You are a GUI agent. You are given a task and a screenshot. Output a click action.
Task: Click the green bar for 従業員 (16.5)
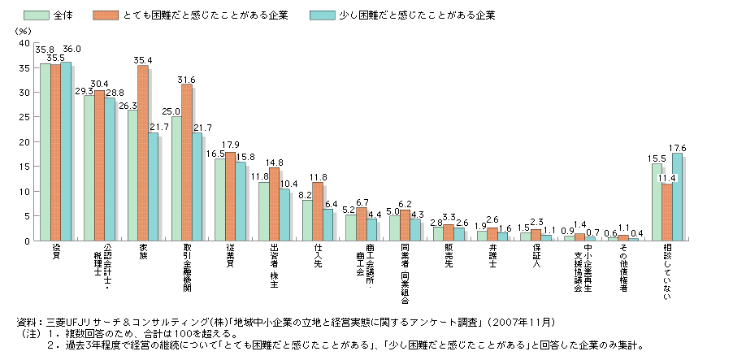click(219, 200)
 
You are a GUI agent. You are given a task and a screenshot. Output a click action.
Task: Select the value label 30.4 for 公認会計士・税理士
click(99, 84)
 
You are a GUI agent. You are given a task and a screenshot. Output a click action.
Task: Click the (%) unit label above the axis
click(22, 29)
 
